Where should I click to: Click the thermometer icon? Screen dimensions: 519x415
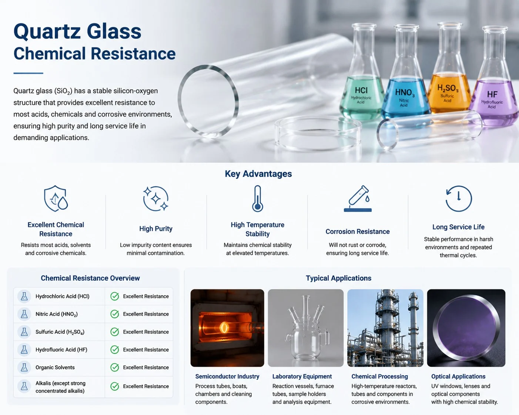258,199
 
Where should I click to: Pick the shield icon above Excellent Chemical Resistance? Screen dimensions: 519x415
56,198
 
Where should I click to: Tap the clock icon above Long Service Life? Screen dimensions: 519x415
458,199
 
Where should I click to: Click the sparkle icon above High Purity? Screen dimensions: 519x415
155,199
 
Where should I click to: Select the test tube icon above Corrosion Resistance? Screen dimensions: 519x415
358,199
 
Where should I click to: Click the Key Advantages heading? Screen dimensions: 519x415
258,174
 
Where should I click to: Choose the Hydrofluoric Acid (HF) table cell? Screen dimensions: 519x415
61,350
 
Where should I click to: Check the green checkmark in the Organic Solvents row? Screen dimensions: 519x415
114,367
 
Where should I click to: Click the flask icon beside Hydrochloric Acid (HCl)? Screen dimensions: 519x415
24,296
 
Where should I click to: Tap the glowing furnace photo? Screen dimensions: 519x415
227,328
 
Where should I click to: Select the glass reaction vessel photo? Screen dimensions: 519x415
305,328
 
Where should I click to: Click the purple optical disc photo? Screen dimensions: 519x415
466,328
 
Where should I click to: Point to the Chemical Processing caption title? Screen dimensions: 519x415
379,377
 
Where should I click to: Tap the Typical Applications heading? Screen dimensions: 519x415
339,278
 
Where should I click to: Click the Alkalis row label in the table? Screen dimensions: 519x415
60,387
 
